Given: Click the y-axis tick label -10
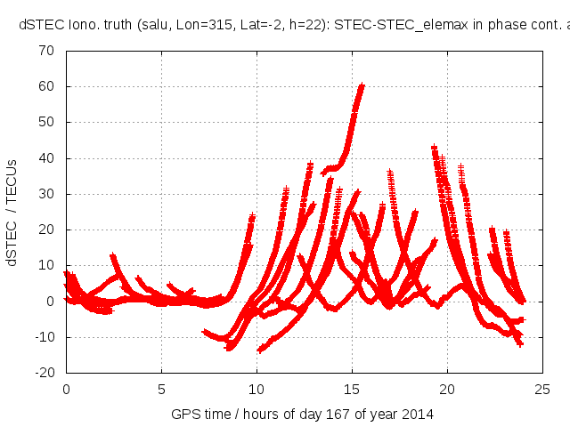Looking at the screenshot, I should [x=45, y=337].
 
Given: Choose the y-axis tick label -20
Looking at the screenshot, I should [x=45, y=373].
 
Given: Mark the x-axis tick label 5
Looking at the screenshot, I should [x=161, y=390].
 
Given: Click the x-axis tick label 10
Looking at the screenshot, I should [x=256, y=390].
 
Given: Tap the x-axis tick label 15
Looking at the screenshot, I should [x=352, y=390].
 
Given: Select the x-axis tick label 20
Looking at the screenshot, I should [x=447, y=390].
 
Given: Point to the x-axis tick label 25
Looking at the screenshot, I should [x=542, y=390].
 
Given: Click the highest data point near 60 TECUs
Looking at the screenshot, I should [x=362, y=85].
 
